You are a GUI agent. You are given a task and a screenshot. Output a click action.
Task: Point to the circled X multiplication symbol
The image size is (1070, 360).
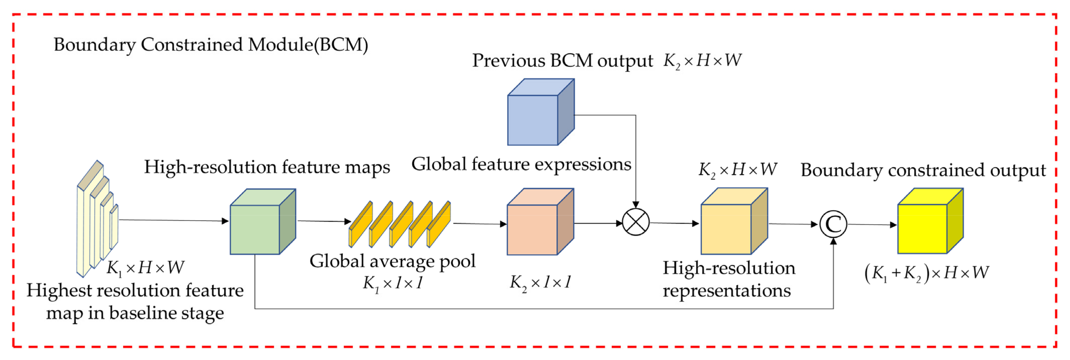click(x=636, y=222)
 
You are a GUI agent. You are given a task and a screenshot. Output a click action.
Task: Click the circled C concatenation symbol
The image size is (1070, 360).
click(x=833, y=224)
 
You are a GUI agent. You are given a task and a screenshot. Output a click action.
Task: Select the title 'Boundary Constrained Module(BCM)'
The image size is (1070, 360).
click(x=211, y=45)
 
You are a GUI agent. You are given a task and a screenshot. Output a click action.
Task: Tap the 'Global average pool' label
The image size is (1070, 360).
click(x=392, y=261)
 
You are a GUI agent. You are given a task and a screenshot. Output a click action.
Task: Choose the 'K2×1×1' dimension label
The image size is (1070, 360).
click(x=540, y=282)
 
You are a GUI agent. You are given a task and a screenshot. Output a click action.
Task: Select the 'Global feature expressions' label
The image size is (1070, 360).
click(x=521, y=164)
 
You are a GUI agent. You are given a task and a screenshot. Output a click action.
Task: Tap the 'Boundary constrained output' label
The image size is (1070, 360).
click(x=923, y=170)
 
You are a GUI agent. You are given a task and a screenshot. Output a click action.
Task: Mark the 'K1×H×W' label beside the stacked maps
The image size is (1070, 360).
click(x=145, y=268)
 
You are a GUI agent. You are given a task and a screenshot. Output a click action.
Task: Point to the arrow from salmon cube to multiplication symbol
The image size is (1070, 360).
click(x=598, y=223)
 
